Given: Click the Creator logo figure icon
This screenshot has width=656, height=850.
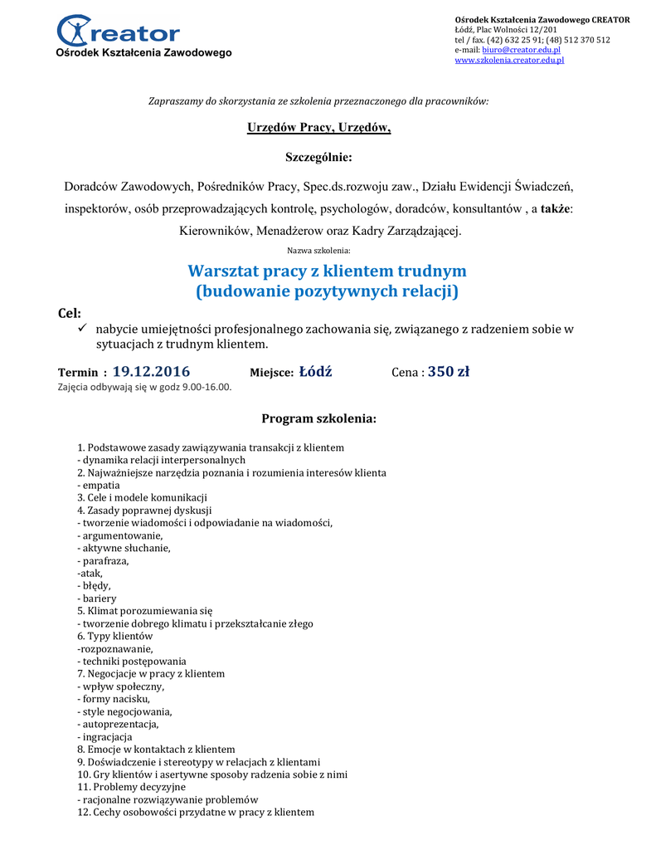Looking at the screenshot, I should [76, 32].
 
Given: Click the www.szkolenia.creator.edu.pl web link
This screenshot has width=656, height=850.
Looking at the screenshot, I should [508, 61].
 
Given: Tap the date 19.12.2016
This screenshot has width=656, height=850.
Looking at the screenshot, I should [151, 371].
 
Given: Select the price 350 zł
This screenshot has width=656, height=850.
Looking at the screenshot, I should [449, 371].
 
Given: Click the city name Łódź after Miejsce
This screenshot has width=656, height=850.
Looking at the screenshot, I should [315, 371].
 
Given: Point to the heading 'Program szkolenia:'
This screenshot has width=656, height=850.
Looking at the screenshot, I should [319, 418].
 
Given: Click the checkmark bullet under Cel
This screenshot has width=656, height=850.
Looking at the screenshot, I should [82, 330].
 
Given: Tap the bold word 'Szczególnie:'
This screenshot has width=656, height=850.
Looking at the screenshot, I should [319, 157].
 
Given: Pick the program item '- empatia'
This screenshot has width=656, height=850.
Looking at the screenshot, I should [99, 485].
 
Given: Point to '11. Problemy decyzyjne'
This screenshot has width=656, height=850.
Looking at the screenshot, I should [131, 786].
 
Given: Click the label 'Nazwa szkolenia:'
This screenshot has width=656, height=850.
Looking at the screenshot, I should [318, 250].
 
